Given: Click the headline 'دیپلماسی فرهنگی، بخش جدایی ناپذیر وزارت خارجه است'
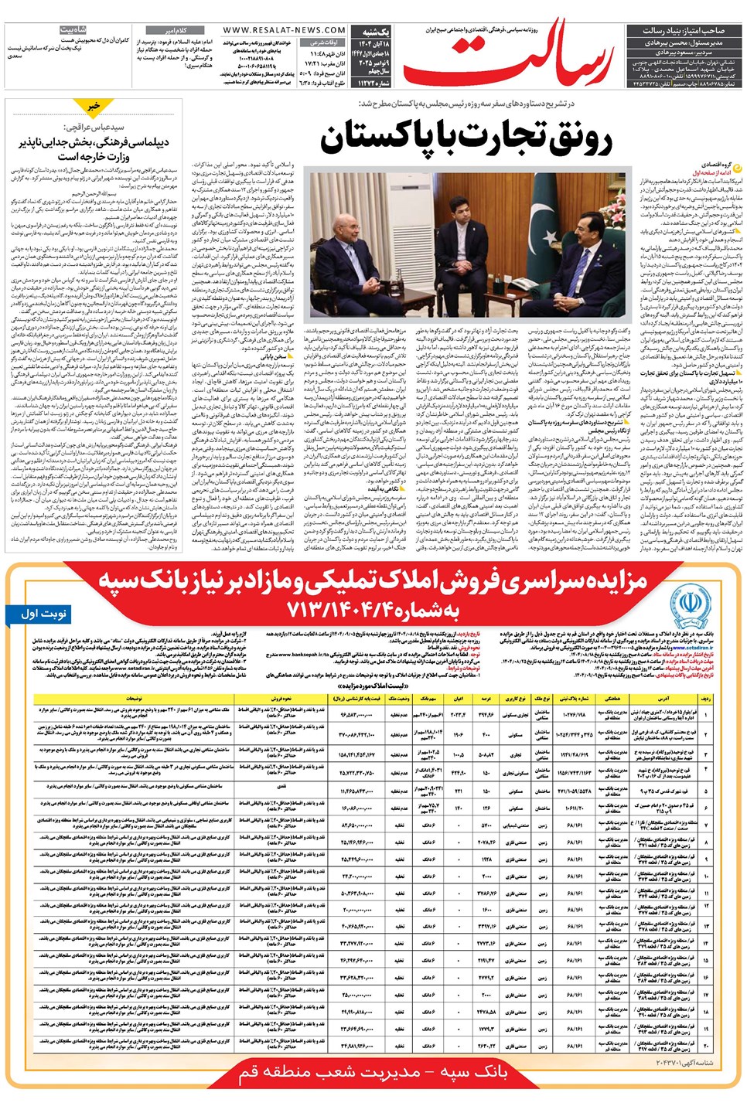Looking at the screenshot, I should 94,149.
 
